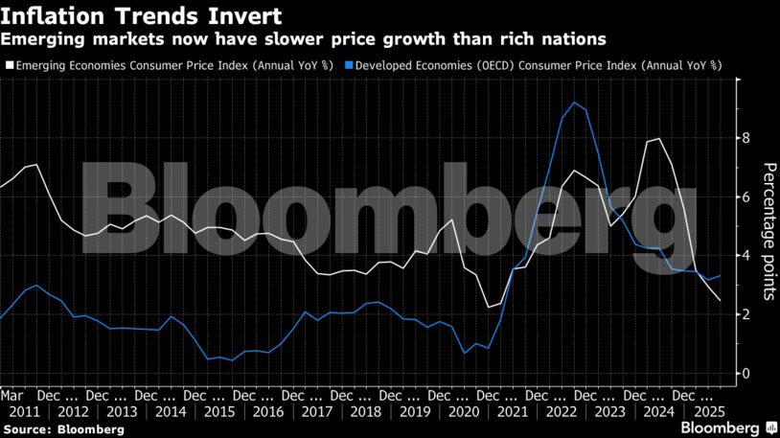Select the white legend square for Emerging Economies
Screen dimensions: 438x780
tap(8, 64)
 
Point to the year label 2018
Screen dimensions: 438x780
tap(365, 411)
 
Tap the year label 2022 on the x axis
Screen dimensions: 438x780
tap(561, 411)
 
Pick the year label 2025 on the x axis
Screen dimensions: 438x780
tap(707, 411)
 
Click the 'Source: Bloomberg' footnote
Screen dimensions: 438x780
tap(63, 429)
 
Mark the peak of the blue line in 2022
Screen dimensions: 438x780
tap(573, 103)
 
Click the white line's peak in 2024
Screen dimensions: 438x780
tap(658, 139)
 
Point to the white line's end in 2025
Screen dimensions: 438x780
tap(721, 300)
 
